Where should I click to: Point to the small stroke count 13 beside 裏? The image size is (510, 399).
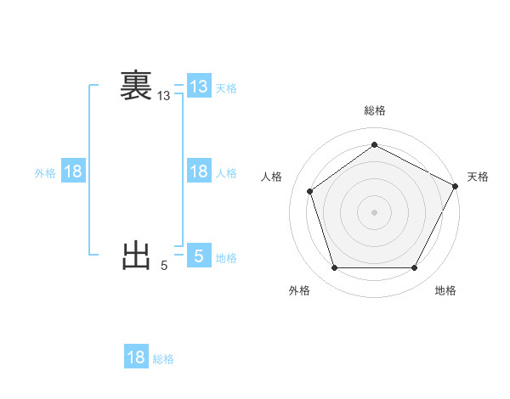click(x=163, y=97)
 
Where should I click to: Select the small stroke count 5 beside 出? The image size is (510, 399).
click(x=164, y=266)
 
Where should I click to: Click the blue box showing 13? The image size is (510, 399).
click(x=198, y=87)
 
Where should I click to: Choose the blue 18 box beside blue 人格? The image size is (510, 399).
click(x=198, y=171)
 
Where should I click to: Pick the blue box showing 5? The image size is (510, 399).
click(x=198, y=256)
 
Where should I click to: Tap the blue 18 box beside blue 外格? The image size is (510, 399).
click(x=73, y=171)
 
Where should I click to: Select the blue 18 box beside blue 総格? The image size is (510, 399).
click(x=136, y=357)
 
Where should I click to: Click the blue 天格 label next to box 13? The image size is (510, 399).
click(x=226, y=88)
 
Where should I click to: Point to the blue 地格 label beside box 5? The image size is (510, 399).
click(x=226, y=258)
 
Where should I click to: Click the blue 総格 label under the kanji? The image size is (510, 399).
click(x=163, y=359)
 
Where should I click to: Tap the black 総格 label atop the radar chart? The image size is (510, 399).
click(x=375, y=110)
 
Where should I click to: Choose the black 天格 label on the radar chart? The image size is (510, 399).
click(x=478, y=177)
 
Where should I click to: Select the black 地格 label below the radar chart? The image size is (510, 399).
click(x=445, y=290)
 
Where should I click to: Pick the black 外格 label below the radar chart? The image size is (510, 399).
click(x=299, y=290)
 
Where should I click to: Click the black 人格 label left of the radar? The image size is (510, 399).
click(x=271, y=177)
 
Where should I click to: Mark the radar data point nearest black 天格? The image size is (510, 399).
click(x=456, y=186)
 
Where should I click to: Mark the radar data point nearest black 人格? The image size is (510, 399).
click(x=310, y=191)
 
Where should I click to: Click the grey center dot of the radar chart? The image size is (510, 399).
click(x=374, y=211)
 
